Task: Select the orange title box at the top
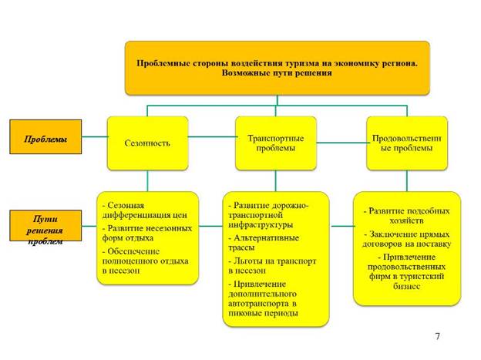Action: pos(276,68)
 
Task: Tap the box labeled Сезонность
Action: pos(147,143)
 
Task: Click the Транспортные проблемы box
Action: pos(275,143)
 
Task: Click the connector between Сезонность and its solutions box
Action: pos(147,180)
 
